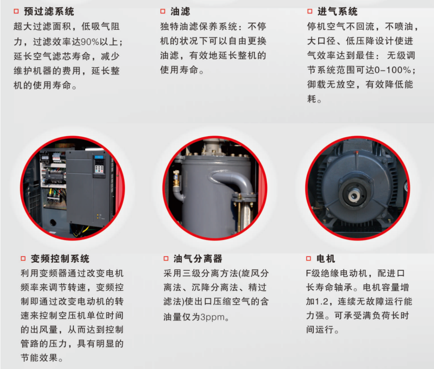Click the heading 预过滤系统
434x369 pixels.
[x=49, y=12]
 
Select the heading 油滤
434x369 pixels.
[x=180, y=12]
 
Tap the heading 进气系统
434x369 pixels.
[x=338, y=12]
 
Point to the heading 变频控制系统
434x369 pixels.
[x=60, y=259]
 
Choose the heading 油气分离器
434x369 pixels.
[x=198, y=259]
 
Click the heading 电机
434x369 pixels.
[x=326, y=259]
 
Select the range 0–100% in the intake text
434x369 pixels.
[x=393, y=70]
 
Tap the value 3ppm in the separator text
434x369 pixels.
[x=212, y=317]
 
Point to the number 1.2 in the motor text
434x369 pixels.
[x=322, y=301]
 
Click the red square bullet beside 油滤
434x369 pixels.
[x=163, y=11]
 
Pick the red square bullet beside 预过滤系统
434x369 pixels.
[x=16, y=11]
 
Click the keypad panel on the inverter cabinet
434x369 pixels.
[x=99, y=165]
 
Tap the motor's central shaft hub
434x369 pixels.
[x=354, y=195]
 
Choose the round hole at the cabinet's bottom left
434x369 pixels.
[x=53, y=222]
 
